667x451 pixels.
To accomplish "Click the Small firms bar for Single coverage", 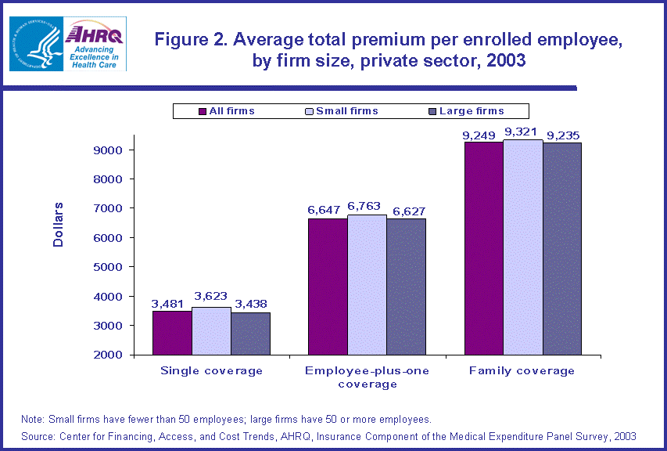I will click(x=211, y=330).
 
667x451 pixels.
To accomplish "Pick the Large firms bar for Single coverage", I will click(x=250, y=334).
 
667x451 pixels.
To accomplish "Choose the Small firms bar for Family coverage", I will click(x=522, y=247).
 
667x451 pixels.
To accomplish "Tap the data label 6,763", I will click(x=368, y=207).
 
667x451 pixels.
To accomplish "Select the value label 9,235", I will click(x=563, y=135).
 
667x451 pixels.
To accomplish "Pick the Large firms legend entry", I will click(x=472, y=111).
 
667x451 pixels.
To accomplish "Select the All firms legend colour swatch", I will click(x=203, y=111).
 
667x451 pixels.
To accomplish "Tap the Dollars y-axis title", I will click(x=59, y=225).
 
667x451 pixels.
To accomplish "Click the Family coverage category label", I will click(x=522, y=370).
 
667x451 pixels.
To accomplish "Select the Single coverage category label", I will click(x=211, y=370).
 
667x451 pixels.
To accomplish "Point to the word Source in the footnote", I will click(x=37, y=435).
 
